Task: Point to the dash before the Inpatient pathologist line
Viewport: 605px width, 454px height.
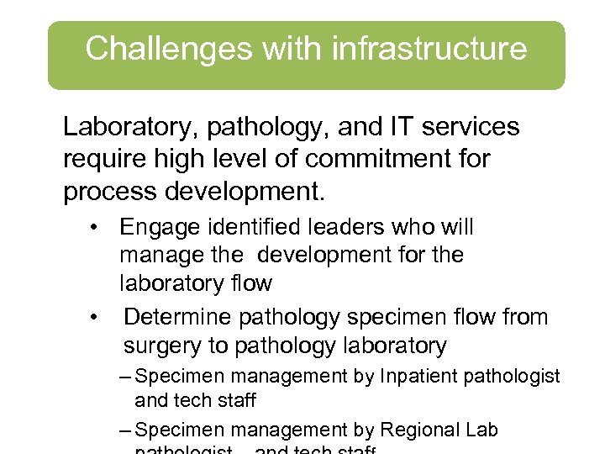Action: coord(125,377)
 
